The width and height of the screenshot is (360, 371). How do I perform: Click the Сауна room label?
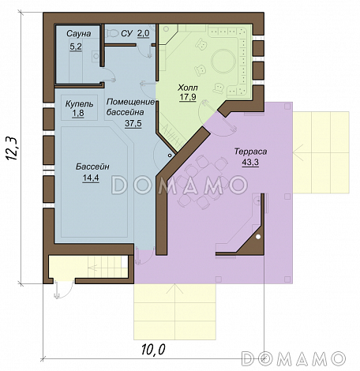point(78,34)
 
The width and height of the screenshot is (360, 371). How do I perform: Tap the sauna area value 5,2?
point(76,47)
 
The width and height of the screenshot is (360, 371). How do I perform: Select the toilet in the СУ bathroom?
point(112,33)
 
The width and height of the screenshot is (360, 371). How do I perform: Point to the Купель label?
point(79,103)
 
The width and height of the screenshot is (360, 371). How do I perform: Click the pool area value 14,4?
point(91,178)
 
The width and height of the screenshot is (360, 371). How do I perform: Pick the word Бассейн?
point(92,167)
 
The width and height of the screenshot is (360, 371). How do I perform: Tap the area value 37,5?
point(133,123)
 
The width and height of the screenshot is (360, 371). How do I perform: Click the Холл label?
point(188,88)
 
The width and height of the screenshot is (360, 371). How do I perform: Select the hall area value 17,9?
point(188,97)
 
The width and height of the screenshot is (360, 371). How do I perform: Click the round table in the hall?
point(223,62)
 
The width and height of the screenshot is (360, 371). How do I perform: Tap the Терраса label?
point(250,152)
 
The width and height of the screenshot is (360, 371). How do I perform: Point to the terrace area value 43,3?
point(250,163)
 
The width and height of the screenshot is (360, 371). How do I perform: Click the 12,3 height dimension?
point(11,148)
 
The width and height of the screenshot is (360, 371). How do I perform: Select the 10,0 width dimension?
point(153,350)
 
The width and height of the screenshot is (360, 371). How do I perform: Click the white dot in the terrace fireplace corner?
point(258,237)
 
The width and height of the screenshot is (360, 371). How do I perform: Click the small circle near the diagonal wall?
point(170,156)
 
